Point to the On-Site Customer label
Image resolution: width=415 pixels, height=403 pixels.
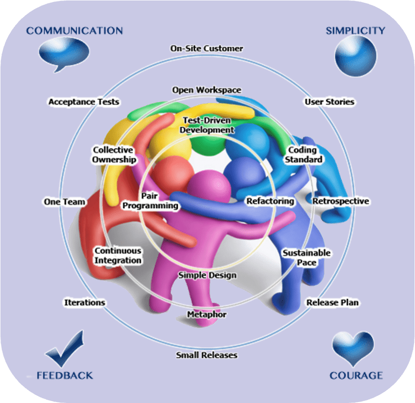[207, 49]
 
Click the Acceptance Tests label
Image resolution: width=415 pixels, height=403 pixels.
[84, 102]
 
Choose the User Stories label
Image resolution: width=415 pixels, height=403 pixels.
[329, 102]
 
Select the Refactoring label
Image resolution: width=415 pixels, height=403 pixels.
[270, 201]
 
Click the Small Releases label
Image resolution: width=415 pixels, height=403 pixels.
[207, 355]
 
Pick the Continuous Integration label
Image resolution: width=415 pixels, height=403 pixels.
[118, 255]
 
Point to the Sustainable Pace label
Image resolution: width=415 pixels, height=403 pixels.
[306, 257]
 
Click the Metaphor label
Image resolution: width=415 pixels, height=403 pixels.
[207, 315]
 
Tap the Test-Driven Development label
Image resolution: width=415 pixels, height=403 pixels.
[208, 124]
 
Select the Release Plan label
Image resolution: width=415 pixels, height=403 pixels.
[333, 302]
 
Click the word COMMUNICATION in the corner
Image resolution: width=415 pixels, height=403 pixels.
[75, 31]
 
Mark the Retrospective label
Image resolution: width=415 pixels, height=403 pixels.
[340, 201]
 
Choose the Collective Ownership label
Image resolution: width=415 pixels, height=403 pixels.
[114, 155]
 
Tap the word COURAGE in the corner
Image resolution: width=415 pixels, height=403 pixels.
[356, 376]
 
